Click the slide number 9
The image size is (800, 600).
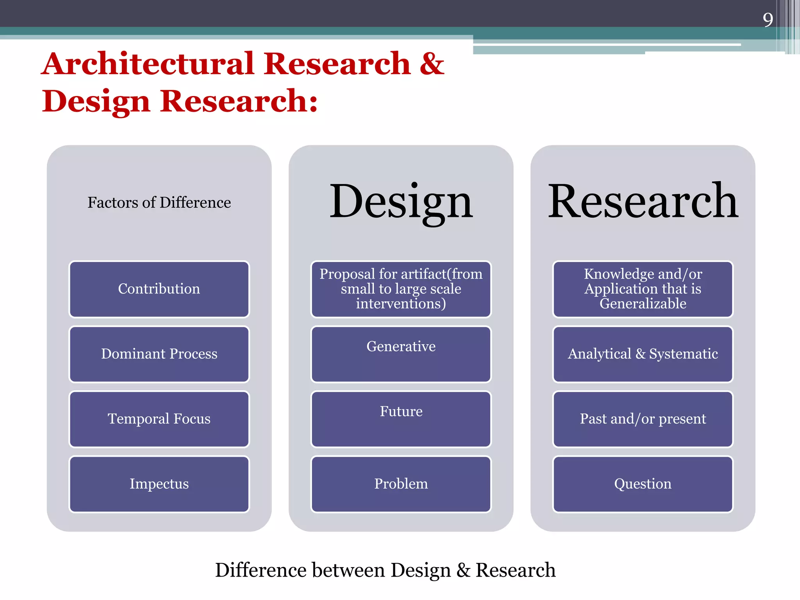(768, 20)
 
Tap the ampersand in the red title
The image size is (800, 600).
(432, 64)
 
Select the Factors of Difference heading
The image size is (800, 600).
(159, 202)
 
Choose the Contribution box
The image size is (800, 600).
(159, 289)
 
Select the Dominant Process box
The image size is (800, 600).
(159, 354)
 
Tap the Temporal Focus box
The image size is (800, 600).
(159, 419)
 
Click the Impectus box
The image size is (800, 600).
(159, 484)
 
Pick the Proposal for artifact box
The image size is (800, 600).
(401, 289)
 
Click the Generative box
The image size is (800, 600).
(401, 354)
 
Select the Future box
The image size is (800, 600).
(401, 419)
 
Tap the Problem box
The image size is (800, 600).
(401, 484)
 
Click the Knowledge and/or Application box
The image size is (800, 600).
(643, 289)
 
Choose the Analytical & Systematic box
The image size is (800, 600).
(643, 354)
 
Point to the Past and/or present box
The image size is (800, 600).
(643, 419)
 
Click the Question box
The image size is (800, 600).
(643, 484)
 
